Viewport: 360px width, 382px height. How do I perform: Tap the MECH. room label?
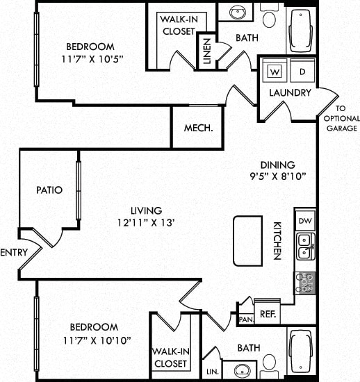click(x=197, y=129)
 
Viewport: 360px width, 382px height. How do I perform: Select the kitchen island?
click(x=247, y=240)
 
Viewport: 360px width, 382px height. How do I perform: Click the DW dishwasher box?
click(x=305, y=220)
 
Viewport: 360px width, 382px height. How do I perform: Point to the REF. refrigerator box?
click(x=266, y=313)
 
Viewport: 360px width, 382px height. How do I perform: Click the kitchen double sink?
click(x=305, y=246)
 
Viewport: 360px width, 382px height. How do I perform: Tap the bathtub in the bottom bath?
click(x=301, y=350)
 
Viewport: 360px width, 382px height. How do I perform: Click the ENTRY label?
click(x=14, y=253)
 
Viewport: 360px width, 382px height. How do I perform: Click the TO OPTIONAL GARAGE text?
click(x=341, y=119)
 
